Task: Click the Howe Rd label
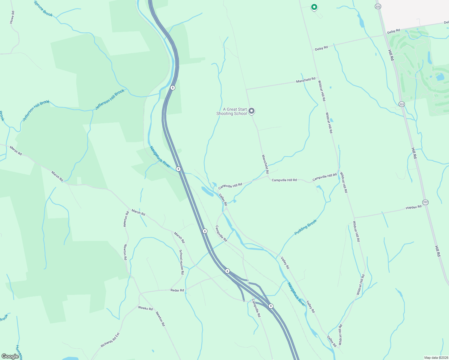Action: (x=12, y=17)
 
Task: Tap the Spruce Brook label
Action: (x=43, y=8)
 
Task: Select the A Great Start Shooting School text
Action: (x=232, y=112)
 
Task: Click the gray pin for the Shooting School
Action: (x=252, y=111)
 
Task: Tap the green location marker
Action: (x=314, y=7)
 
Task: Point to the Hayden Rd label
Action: (x=413, y=207)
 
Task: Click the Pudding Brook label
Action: (x=306, y=227)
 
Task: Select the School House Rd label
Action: (x=181, y=262)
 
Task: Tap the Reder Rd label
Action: (x=177, y=290)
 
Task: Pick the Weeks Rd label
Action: (x=145, y=308)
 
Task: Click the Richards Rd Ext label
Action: (x=110, y=340)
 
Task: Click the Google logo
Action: (x=10, y=356)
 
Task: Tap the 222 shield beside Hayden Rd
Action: (x=425, y=202)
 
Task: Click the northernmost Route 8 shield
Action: (x=172, y=88)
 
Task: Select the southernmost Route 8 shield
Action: (x=271, y=306)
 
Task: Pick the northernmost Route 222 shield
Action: (x=378, y=6)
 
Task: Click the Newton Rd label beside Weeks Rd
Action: (x=160, y=319)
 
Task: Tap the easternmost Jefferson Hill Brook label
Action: (x=110, y=100)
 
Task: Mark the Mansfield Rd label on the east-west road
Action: (x=306, y=80)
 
